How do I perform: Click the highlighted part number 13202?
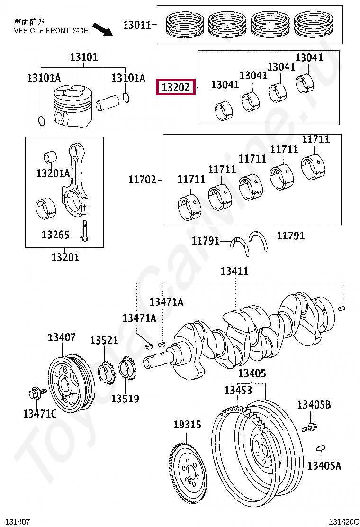coord(176,87)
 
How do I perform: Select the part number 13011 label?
coord(136,25)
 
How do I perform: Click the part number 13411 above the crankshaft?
coord(234,272)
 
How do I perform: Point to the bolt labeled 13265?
coord(85,232)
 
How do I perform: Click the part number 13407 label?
coord(61,337)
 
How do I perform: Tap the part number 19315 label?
coord(187,425)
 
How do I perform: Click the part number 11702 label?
coord(142,180)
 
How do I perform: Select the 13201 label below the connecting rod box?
coord(65,257)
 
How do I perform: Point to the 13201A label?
coord(53,173)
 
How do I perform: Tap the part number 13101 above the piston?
coord(84,57)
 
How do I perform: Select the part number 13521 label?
coord(104,340)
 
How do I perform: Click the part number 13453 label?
coord(238,390)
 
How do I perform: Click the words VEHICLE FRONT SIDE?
coord(51,31)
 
